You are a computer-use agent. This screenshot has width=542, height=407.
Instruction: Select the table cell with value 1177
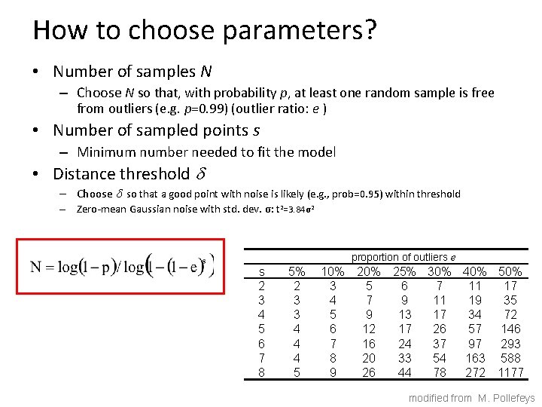pyautogui.click(x=511, y=372)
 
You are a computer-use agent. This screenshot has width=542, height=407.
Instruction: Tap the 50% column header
pyautogui.click(x=511, y=271)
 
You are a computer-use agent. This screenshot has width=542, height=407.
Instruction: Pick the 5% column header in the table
pyautogui.click(x=297, y=271)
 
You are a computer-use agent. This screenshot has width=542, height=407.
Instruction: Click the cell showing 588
pyautogui.click(x=511, y=358)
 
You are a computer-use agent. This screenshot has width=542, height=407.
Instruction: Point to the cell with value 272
pyautogui.click(x=475, y=372)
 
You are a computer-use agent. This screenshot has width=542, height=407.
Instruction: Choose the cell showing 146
pyautogui.click(x=511, y=329)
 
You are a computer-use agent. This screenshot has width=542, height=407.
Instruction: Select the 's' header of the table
pyautogui.click(x=261, y=271)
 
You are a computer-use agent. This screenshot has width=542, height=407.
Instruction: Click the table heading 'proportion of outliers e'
pyautogui.click(x=403, y=258)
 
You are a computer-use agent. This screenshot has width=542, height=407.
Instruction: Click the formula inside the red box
pyautogui.click(x=122, y=267)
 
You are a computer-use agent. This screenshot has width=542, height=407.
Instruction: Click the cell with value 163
pyautogui.click(x=475, y=358)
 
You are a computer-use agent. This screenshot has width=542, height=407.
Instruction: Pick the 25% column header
pyautogui.click(x=404, y=271)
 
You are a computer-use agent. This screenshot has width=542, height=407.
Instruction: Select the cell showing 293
pyautogui.click(x=511, y=344)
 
